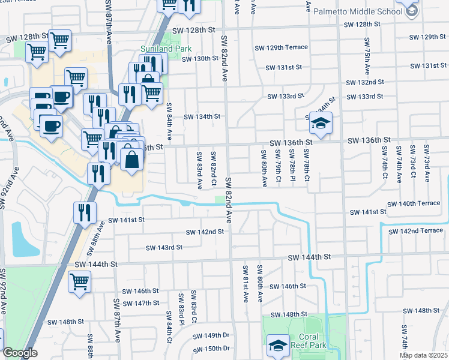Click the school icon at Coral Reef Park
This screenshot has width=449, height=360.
click(279, 345)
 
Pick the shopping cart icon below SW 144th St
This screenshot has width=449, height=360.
click(79, 281)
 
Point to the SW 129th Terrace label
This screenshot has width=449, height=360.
click(281, 47)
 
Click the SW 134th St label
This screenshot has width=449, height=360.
click(202, 116)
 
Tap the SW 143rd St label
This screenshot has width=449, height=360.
click(164, 247)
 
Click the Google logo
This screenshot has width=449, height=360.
click(20, 353)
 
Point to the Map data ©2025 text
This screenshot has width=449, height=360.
click(423, 355)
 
